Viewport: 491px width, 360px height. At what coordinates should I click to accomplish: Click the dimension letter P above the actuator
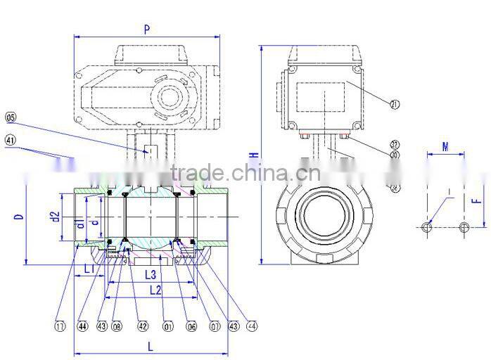point(146,30)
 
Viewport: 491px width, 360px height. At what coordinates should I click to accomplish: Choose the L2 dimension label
point(155,289)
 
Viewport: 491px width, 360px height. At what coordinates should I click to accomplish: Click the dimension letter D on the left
point(20,217)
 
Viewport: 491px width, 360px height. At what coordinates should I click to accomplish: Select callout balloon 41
point(11,140)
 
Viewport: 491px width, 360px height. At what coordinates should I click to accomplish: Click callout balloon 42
point(143,326)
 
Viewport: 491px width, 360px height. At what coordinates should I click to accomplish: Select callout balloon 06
point(191,326)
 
